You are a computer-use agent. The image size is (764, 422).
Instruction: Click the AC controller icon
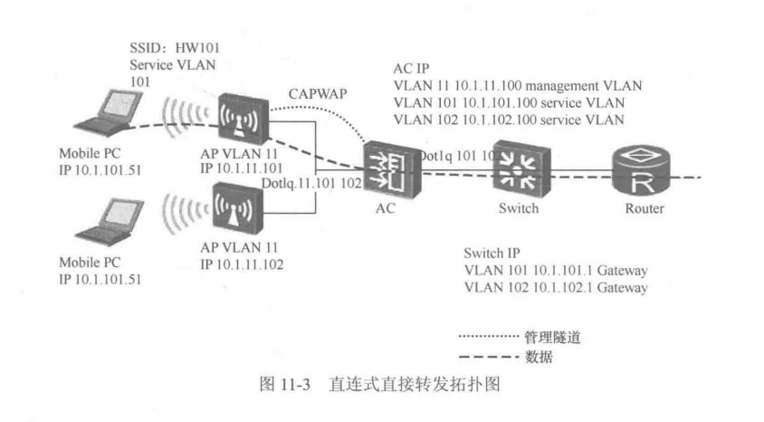[392, 169]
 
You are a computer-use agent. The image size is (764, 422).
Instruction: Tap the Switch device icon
[521, 168]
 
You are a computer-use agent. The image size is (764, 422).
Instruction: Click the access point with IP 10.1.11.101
[244, 119]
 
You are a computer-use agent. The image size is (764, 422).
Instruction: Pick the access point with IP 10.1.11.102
[238, 208]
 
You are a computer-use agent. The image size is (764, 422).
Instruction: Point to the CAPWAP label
[318, 93]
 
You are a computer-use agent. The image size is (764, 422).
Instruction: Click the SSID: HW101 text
[175, 48]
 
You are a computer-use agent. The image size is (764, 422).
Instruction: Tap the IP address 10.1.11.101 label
[241, 168]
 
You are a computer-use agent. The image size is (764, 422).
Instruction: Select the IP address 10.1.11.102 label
[242, 264]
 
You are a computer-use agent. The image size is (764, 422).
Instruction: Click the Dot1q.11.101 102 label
[311, 183]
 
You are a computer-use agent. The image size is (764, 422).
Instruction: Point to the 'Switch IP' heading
[492, 254]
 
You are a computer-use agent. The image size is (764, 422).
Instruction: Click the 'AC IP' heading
[411, 69]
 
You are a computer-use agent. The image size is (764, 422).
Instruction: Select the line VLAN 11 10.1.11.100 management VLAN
[518, 86]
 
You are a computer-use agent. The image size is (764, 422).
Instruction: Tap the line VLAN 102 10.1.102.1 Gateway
[556, 287]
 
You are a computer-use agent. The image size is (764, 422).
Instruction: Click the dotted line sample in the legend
[489, 336]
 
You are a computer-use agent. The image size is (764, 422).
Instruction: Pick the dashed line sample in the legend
[489, 357]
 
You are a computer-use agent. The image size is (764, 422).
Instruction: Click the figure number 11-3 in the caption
[295, 385]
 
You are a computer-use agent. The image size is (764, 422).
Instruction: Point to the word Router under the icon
[645, 208]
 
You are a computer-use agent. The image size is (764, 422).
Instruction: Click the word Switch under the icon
[519, 208]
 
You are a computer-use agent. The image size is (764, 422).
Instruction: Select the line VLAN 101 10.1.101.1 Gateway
[556, 271]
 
